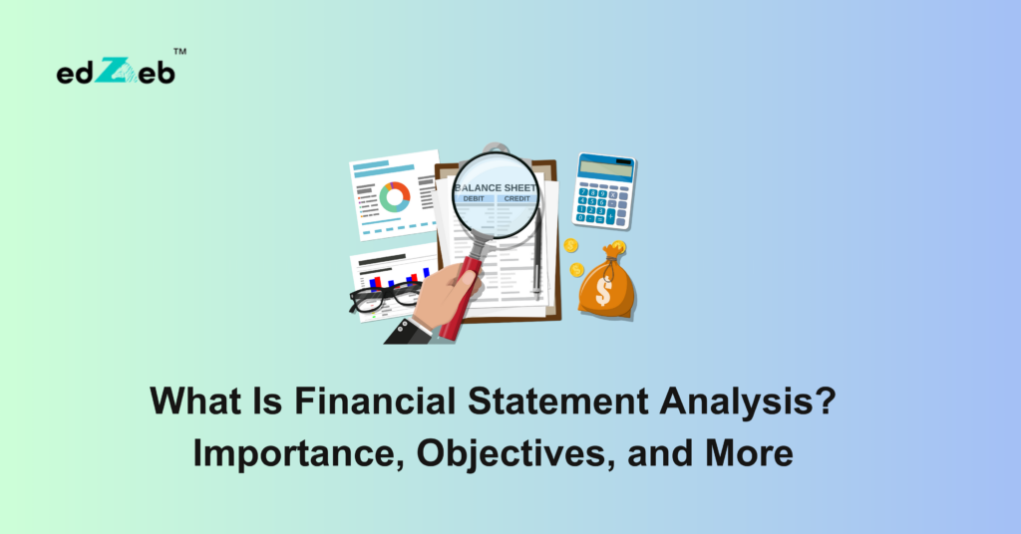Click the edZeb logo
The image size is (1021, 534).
[116, 71]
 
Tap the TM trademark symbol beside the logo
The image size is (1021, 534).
[180, 52]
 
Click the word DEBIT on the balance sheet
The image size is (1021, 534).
[473, 199]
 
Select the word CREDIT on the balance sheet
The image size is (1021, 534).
[516, 199]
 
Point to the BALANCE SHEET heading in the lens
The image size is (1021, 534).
[496, 187]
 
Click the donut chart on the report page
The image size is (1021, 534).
[395, 195]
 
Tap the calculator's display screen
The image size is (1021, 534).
[606, 168]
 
